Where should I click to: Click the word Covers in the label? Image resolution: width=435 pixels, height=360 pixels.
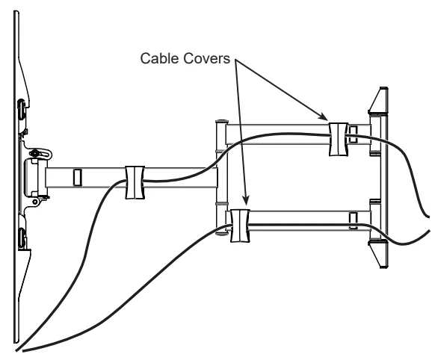(210, 59)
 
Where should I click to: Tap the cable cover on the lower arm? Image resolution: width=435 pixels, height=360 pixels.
(241, 227)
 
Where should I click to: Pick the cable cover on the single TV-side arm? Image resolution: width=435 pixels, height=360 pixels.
(135, 181)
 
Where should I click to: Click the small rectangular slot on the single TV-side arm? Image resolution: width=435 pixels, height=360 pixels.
(75, 177)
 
